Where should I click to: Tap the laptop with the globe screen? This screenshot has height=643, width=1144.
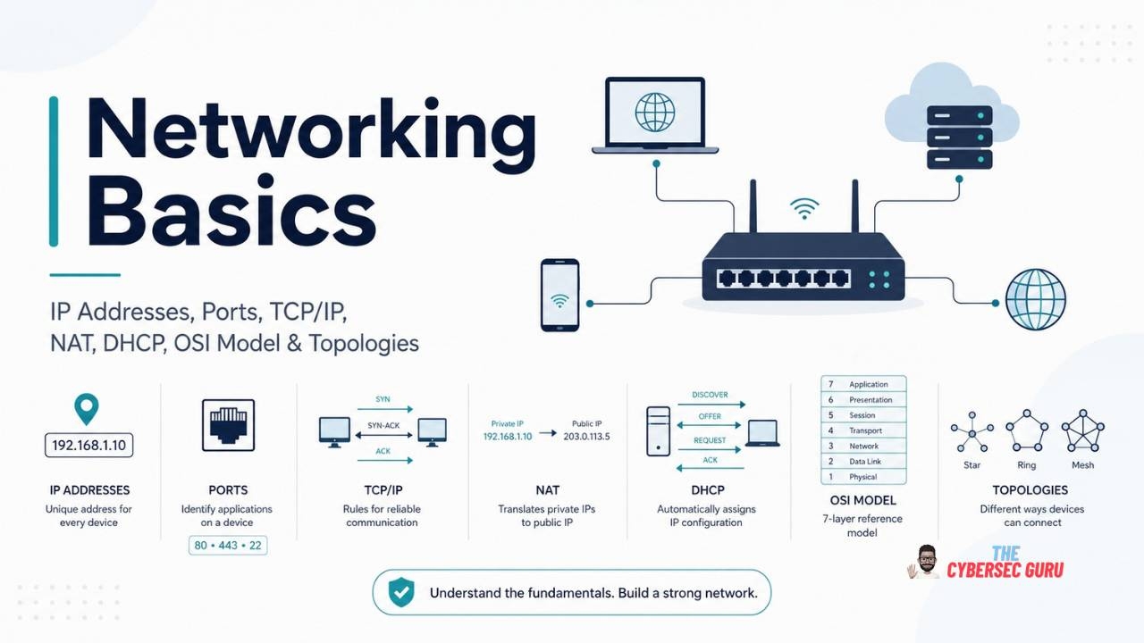[655, 115]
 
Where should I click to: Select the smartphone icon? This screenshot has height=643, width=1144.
[559, 295]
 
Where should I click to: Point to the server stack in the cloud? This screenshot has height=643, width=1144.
[960, 138]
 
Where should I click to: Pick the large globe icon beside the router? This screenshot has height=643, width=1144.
[1036, 299]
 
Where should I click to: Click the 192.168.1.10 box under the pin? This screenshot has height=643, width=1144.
[88, 445]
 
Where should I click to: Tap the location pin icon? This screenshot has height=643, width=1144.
[87, 409]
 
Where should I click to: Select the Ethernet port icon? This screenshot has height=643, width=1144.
[228, 425]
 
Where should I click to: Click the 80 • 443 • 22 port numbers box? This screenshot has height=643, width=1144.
[228, 545]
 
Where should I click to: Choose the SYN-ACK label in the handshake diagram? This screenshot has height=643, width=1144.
[383, 425]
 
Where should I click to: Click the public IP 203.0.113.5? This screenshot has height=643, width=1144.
[586, 437]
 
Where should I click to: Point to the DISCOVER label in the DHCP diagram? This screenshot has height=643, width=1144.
[710, 395]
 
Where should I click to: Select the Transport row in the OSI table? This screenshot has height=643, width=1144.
[863, 430]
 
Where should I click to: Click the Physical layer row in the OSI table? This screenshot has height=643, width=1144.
[863, 477]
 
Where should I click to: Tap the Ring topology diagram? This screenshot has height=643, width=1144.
[1027, 430]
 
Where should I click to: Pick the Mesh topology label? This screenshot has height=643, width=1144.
[1082, 465]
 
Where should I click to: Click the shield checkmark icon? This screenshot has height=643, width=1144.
[401, 592]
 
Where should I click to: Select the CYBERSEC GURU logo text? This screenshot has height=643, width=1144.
[1005, 570]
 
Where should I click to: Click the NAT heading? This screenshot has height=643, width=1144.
[547, 490]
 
